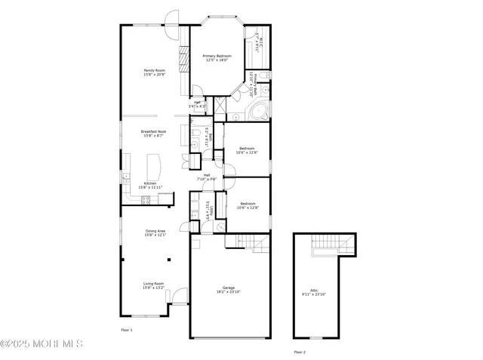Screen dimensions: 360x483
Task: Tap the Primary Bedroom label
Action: click(217, 58)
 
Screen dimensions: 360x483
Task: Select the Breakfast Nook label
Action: click(155, 133)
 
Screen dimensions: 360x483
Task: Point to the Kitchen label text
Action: click(151, 185)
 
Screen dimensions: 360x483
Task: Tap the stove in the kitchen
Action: click(145, 199)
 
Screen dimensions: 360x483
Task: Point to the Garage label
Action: click(229, 289)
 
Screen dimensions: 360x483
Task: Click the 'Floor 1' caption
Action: click(127, 331)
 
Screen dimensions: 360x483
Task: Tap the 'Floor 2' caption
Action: click(300, 352)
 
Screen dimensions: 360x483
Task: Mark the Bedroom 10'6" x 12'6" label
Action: click(248, 150)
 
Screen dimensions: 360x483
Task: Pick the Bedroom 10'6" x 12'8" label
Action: click(249, 205)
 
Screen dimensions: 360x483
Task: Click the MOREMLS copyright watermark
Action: click(42, 344)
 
